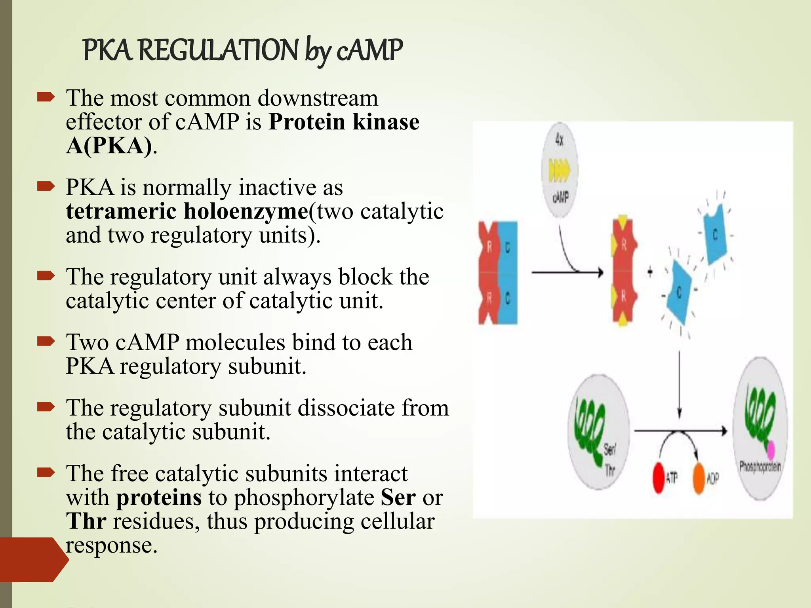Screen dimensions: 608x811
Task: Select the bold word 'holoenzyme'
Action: (246, 211)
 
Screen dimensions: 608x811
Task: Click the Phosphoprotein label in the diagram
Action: (760, 467)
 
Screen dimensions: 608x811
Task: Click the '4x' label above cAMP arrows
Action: (559, 139)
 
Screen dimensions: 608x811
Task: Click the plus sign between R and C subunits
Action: (650, 272)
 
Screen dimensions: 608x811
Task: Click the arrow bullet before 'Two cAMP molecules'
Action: (46, 341)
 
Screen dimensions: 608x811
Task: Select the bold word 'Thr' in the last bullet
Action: (86, 521)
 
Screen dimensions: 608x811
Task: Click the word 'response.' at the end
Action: (112, 546)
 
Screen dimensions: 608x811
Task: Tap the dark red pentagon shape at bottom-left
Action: (32, 559)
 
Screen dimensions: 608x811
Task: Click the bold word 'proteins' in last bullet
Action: (159, 498)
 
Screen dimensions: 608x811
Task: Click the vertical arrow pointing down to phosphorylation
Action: (680, 384)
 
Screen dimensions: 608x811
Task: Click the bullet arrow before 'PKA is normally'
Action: (46, 186)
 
